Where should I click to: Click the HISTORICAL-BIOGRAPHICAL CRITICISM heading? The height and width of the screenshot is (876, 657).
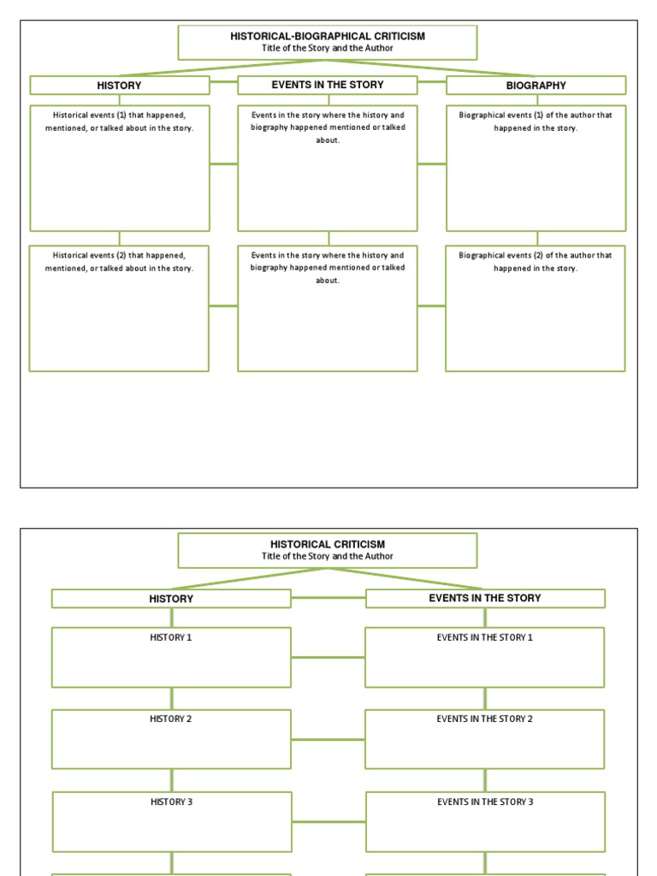coord(327,37)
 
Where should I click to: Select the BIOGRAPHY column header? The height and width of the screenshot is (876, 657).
coord(536,86)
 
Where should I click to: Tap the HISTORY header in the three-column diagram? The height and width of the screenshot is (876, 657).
coord(119,86)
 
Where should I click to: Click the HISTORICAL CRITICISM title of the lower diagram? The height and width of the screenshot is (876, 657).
coord(327,544)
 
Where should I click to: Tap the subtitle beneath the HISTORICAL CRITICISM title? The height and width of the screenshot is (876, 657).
coord(327,556)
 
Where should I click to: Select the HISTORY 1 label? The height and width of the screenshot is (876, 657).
coord(171,637)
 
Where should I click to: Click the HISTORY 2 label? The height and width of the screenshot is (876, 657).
coord(171,719)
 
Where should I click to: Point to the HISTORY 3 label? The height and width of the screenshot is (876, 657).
coord(171,802)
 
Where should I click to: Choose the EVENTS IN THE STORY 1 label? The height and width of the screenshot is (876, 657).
coord(484,637)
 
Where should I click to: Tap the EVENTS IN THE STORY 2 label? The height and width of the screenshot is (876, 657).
coord(484,719)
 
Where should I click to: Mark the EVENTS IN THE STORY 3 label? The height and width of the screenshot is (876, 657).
coord(484,802)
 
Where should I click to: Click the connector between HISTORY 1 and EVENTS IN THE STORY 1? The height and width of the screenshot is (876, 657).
coord(328,658)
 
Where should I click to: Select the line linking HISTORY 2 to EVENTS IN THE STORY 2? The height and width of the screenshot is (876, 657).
coord(328,740)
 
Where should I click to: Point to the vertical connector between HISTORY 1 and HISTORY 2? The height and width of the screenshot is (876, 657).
coord(172,698)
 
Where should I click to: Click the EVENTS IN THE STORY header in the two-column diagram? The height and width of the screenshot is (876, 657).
coord(484,598)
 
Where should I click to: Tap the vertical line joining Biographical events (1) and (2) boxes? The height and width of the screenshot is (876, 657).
coord(537,238)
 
